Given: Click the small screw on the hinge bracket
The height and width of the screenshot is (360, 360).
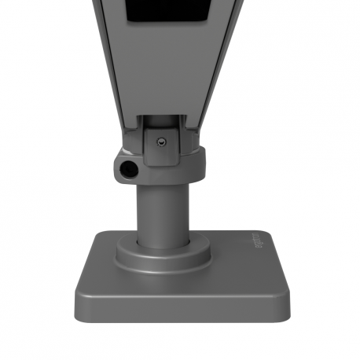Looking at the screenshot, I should coord(161,141).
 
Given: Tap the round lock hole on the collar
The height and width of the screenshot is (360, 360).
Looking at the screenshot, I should coord(127,168).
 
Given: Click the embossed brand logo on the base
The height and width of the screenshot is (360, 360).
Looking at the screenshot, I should coord(258,244).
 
